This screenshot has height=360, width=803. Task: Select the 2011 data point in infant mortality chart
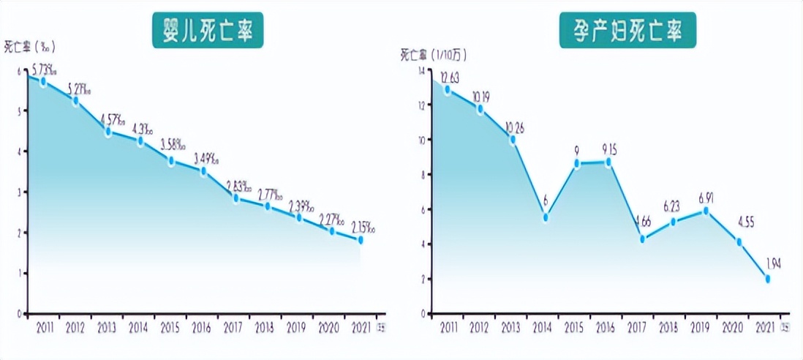(43, 82)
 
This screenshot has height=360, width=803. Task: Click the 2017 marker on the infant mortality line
(235, 198)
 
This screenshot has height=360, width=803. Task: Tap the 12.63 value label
(449, 78)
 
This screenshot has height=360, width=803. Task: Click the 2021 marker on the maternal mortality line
(767, 279)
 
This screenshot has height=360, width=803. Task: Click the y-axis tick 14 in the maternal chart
(421, 70)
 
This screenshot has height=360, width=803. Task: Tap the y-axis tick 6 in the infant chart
(19, 70)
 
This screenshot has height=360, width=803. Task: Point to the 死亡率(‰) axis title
(29, 47)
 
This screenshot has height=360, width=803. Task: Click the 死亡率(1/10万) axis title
(434, 54)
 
